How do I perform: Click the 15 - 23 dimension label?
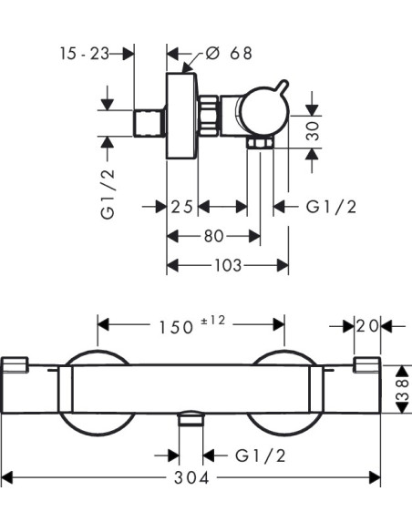pyautogui.click(x=85, y=54)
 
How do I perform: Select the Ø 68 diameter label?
pyautogui.click(x=229, y=53)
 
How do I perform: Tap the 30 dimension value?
pyautogui.click(x=313, y=131)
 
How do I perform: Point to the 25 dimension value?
pyautogui.click(x=182, y=207)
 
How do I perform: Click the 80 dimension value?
pyautogui.click(x=214, y=236)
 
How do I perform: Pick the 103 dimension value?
pyautogui.click(x=228, y=265)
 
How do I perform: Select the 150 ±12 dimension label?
pyautogui.click(x=192, y=325)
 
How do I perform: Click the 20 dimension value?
pyautogui.click(x=367, y=326)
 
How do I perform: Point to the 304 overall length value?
pyautogui.click(x=191, y=478)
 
